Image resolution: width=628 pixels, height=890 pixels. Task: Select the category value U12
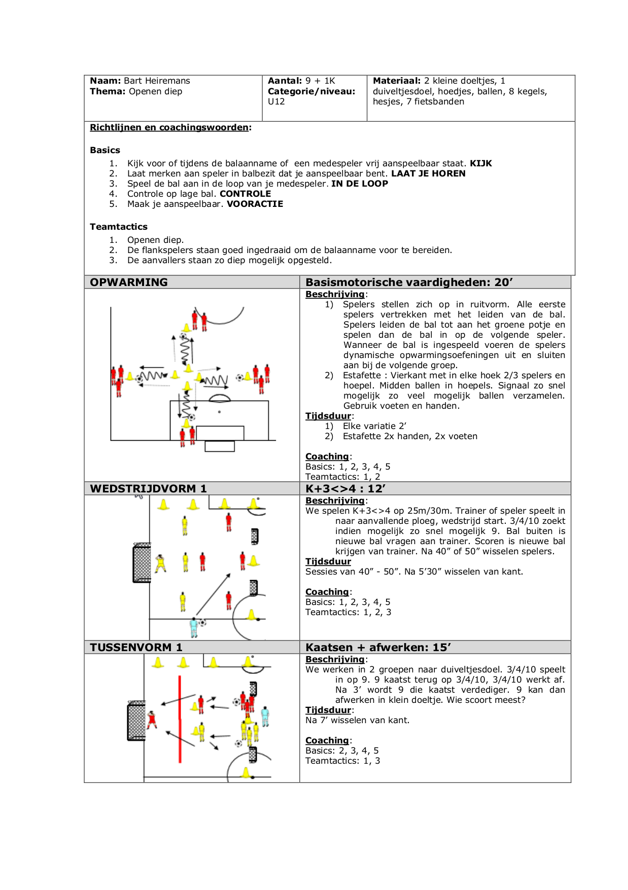276,101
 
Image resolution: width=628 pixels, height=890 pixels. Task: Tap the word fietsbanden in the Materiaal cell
439,101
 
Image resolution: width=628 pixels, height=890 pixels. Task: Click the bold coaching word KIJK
480,163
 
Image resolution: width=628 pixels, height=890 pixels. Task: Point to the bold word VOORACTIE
255,204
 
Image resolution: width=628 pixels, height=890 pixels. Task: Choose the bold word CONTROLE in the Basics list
245,194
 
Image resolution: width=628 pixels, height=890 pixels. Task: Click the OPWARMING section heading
128,282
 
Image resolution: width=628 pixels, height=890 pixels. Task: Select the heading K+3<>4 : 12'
345,489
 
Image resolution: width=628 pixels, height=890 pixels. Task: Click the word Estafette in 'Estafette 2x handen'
362,436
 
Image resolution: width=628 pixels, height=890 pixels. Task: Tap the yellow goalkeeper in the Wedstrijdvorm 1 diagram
161,563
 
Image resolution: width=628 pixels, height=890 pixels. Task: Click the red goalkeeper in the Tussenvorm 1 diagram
152,720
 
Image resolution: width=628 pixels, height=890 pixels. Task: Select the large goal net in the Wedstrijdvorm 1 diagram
142,563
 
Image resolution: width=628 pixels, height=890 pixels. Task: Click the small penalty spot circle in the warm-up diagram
219,412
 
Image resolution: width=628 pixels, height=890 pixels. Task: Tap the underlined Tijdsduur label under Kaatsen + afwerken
328,710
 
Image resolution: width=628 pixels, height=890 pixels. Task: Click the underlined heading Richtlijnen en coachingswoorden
169,127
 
